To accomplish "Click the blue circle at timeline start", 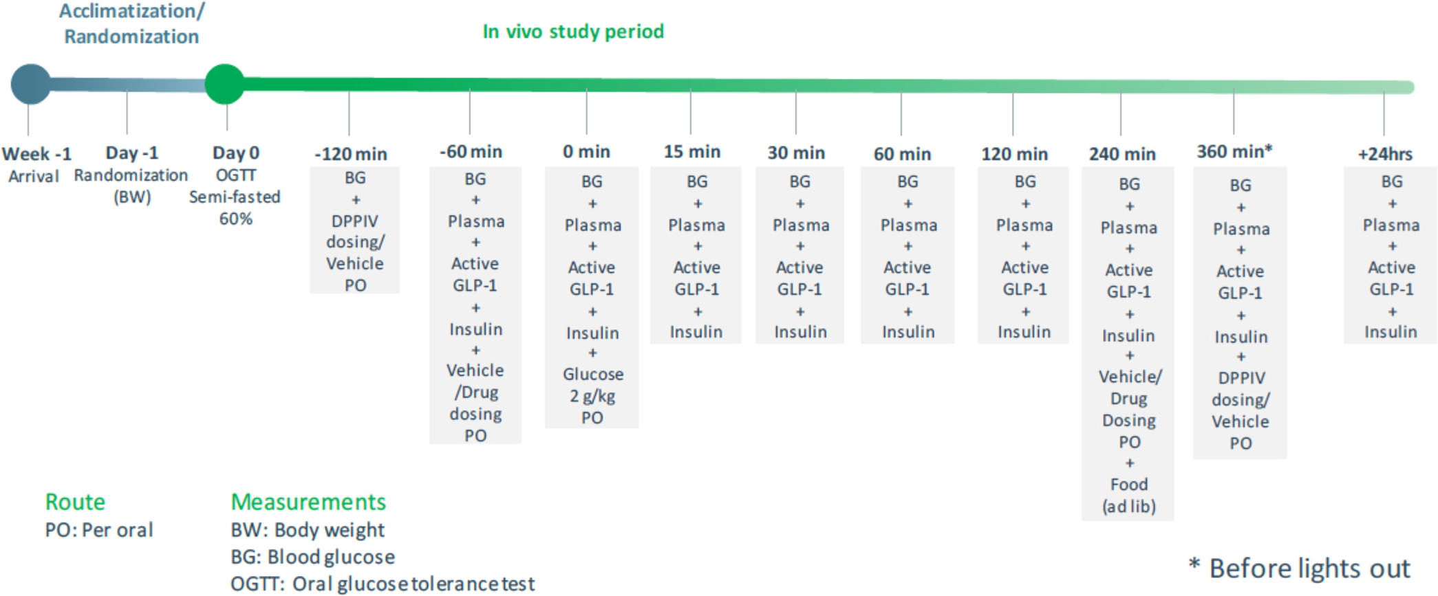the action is click(x=31, y=84).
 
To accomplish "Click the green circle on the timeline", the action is click(x=225, y=84).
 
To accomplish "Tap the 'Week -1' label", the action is click(x=36, y=153).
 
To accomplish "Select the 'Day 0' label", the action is click(x=235, y=153).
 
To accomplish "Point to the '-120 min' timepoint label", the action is click(x=351, y=154).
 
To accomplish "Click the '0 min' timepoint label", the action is click(x=586, y=151).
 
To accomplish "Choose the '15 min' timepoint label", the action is click(x=691, y=151).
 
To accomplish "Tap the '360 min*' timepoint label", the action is click(x=1234, y=151).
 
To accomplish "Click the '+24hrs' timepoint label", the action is click(x=1385, y=154).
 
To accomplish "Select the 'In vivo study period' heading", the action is click(x=573, y=32).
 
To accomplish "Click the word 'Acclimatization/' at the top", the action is click(x=131, y=11).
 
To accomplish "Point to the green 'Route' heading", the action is click(x=75, y=502).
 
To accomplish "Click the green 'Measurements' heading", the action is click(x=308, y=502).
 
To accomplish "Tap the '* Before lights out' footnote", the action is click(x=1300, y=569).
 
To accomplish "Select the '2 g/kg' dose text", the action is click(x=592, y=397).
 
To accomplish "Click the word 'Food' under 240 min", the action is click(x=1129, y=485).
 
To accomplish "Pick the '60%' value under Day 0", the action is click(x=235, y=219).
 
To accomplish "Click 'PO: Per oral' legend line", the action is click(x=99, y=530).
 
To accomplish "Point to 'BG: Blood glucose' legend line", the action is click(x=313, y=557).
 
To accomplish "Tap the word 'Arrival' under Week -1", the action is click(x=34, y=177).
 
